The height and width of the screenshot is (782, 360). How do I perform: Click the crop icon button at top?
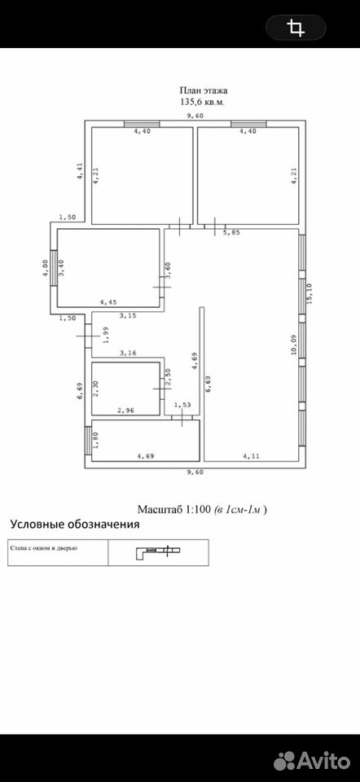[296, 27]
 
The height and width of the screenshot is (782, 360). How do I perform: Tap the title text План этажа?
[204, 90]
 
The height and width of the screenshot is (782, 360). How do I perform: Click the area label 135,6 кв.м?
[203, 101]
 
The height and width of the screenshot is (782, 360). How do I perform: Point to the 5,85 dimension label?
[231, 232]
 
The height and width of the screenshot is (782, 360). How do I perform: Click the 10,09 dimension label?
[294, 344]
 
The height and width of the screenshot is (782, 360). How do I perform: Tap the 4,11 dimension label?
[252, 455]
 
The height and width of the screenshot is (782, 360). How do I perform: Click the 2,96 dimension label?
[125, 411]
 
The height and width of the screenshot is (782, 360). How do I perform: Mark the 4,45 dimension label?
[108, 301]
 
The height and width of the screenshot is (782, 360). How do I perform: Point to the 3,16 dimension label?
[128, 353]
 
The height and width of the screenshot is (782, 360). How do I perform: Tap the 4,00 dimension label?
[45, 268]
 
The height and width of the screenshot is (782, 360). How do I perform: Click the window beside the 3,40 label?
[54, 267]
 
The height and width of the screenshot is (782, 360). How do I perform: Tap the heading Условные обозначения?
[75, 524]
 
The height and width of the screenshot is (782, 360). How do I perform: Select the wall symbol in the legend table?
[158, 551]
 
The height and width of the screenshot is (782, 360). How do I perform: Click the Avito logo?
[312, 761]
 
